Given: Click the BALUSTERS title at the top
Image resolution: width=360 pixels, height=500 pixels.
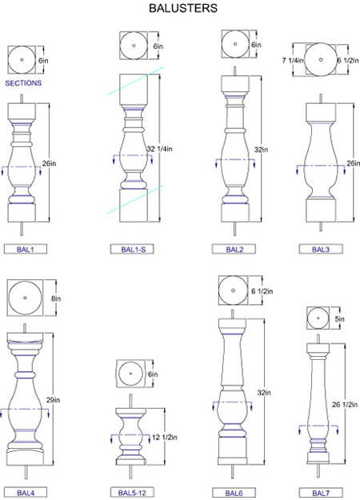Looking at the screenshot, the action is coord(183,8).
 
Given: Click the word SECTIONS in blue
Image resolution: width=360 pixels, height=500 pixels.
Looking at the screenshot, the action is coord(23,83).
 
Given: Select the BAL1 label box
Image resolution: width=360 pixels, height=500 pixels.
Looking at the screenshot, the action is coord(26,249).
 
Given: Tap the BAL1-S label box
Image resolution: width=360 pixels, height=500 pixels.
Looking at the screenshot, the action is coord(132,249).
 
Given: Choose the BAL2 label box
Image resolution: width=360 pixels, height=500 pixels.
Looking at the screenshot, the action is coord(234,249).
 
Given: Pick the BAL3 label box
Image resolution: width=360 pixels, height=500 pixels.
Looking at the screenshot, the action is coord(321,249).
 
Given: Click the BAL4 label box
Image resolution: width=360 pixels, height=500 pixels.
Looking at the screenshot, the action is coord(26,492).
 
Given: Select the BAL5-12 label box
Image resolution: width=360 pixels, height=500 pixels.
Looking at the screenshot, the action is coord(132,492).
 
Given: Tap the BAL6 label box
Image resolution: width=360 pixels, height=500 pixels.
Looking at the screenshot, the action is coord(234,492).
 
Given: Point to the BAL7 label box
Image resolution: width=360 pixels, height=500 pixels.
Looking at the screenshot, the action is coord(321,492).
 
